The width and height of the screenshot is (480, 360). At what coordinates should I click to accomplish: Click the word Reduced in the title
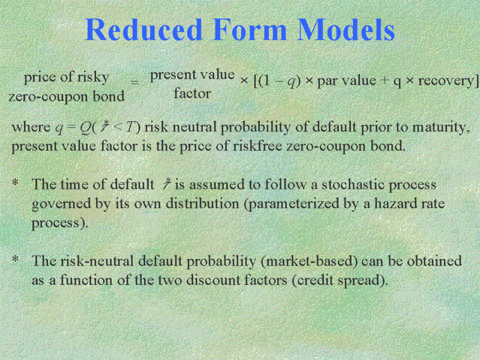point(143,29)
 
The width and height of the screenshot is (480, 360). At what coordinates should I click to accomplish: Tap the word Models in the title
point(346,29)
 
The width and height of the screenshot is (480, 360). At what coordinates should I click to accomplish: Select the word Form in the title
point(250,29)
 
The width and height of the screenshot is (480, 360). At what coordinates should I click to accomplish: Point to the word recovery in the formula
point(445,80)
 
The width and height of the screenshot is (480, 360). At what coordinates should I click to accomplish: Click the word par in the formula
point(328,81)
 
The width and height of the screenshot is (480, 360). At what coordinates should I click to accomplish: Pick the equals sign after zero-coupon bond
point(134,82)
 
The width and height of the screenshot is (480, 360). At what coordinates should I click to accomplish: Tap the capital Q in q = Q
point(85,127)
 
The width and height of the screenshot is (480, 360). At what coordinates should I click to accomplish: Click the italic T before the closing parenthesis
point(131,127)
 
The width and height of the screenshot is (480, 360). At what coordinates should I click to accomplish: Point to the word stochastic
point(353,185)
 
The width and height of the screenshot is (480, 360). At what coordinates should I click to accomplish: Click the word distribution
point(202,203)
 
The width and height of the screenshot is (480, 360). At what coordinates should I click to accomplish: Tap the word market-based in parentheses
point(310,261)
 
